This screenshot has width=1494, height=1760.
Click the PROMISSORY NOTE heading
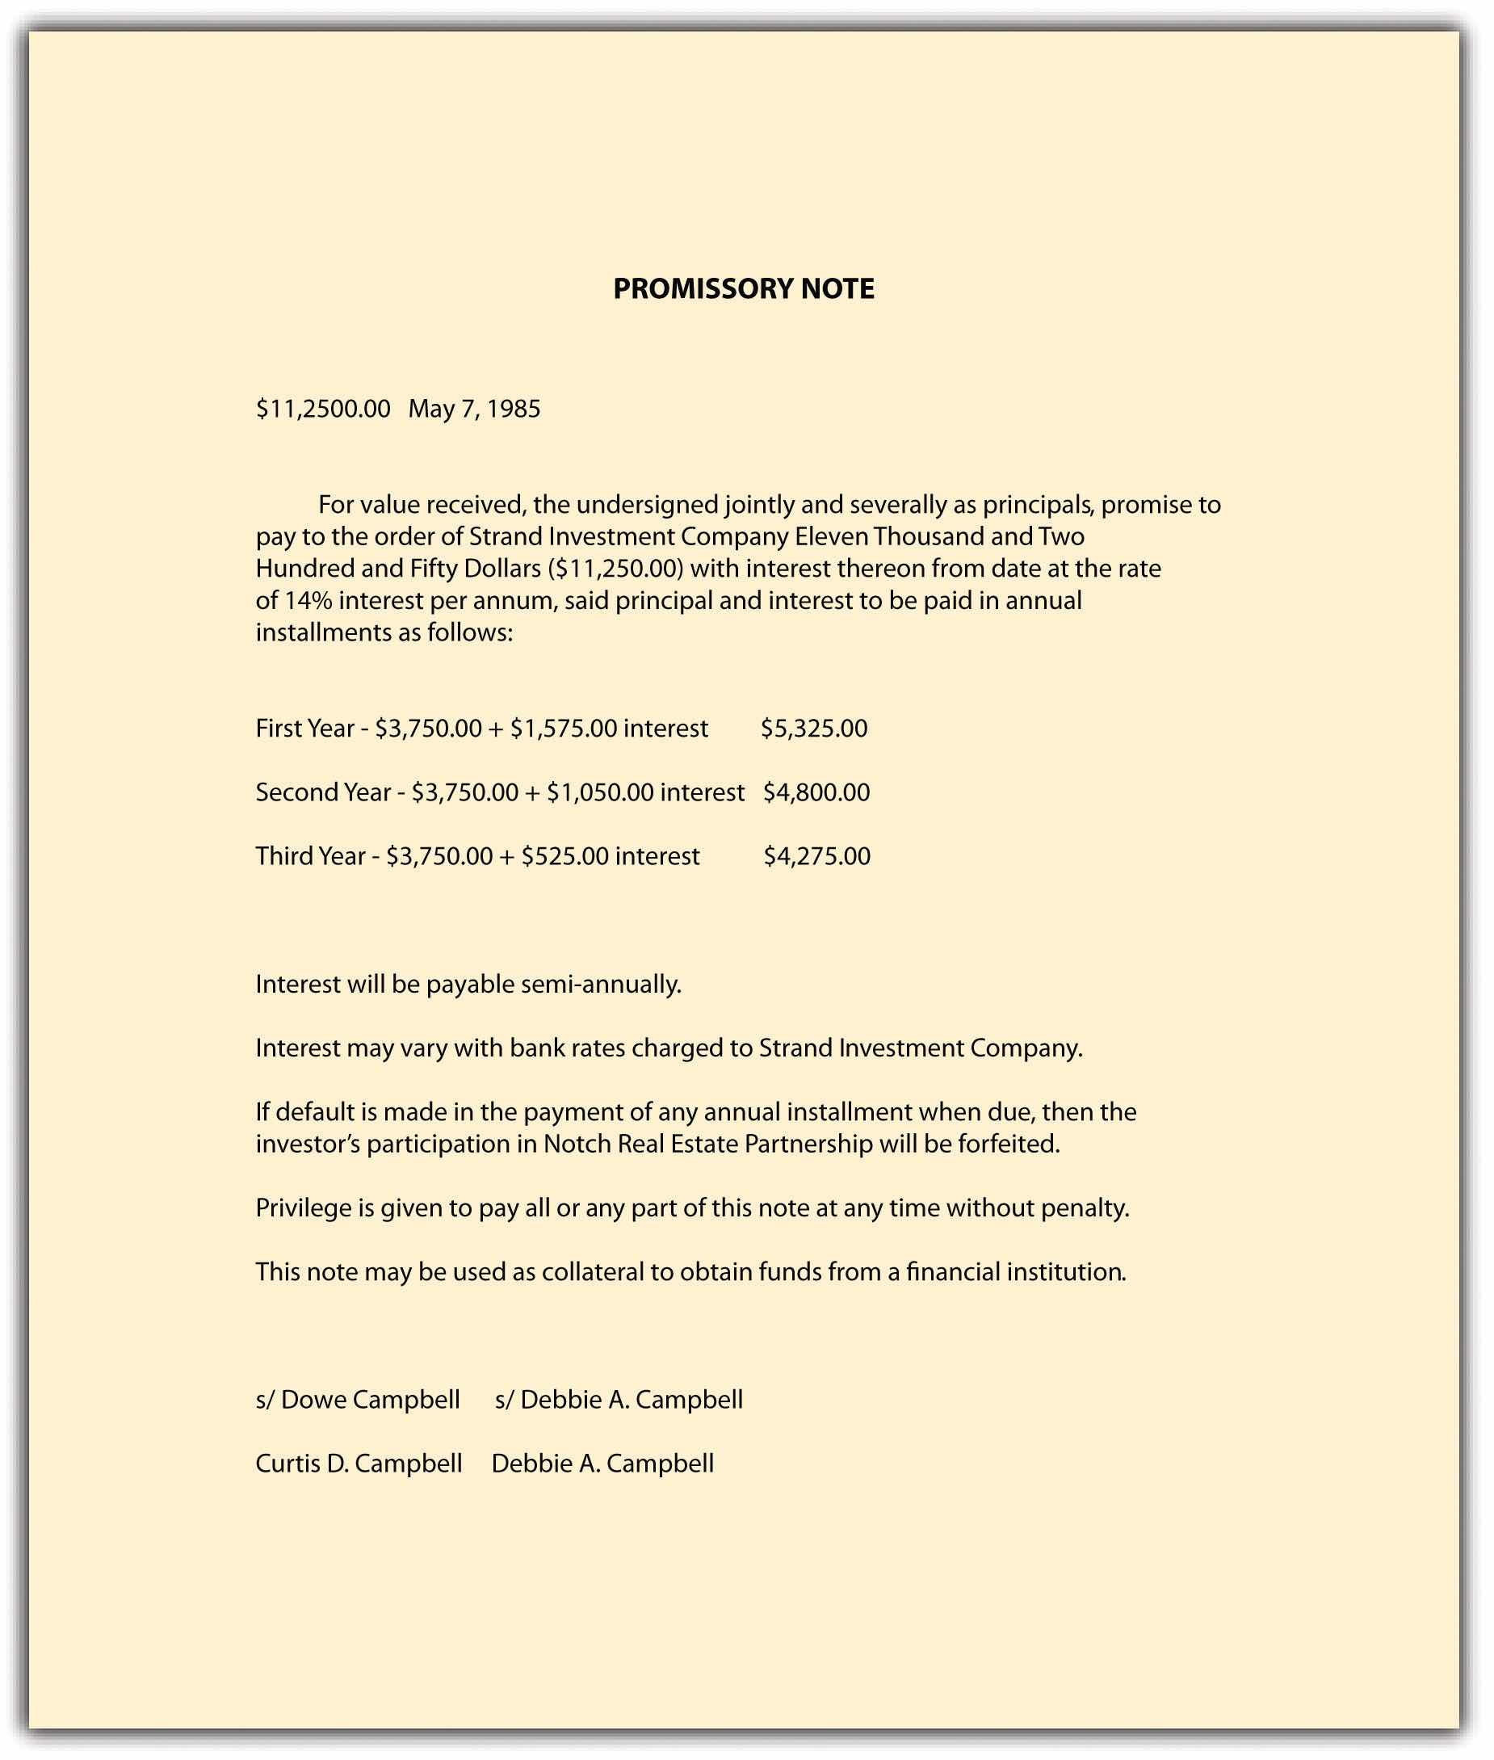[x=743, y=289]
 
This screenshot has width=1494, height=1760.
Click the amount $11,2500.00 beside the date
[x=323, y=409]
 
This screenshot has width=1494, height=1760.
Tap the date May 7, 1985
[x=473, y=409]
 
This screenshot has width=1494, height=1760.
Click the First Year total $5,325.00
[x=813, y=729]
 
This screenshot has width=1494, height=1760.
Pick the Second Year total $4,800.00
[x=816, y=792]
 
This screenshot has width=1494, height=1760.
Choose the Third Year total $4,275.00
[x=816, y=855]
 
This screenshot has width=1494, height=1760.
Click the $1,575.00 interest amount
[x=563, y=729]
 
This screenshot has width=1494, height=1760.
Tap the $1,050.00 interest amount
[x=600, y=792]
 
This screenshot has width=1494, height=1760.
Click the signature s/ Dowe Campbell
[x=358, y=1399]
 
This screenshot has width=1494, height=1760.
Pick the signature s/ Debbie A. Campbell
[x=619, y=1399]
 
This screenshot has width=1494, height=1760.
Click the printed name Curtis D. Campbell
[x=359, y=1464]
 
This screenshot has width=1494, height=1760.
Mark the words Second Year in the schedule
[x=322, y=792]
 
